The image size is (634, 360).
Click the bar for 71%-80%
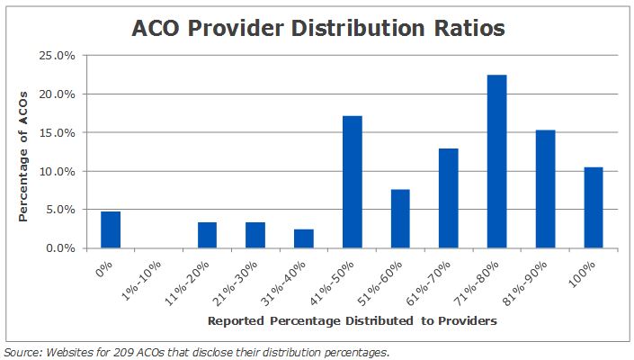[x=496, y=162]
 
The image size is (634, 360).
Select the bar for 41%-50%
[x=352, y=182]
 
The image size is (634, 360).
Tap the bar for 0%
[x=111, y=229]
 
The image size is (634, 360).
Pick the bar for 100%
[x=593, y=208]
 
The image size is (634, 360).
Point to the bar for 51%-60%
[x=400, y=219]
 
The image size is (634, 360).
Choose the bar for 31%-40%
[x=303, y=238]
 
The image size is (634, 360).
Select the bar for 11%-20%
[x=207, y=235]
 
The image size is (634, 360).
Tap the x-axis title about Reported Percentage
[x=353, y=320]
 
